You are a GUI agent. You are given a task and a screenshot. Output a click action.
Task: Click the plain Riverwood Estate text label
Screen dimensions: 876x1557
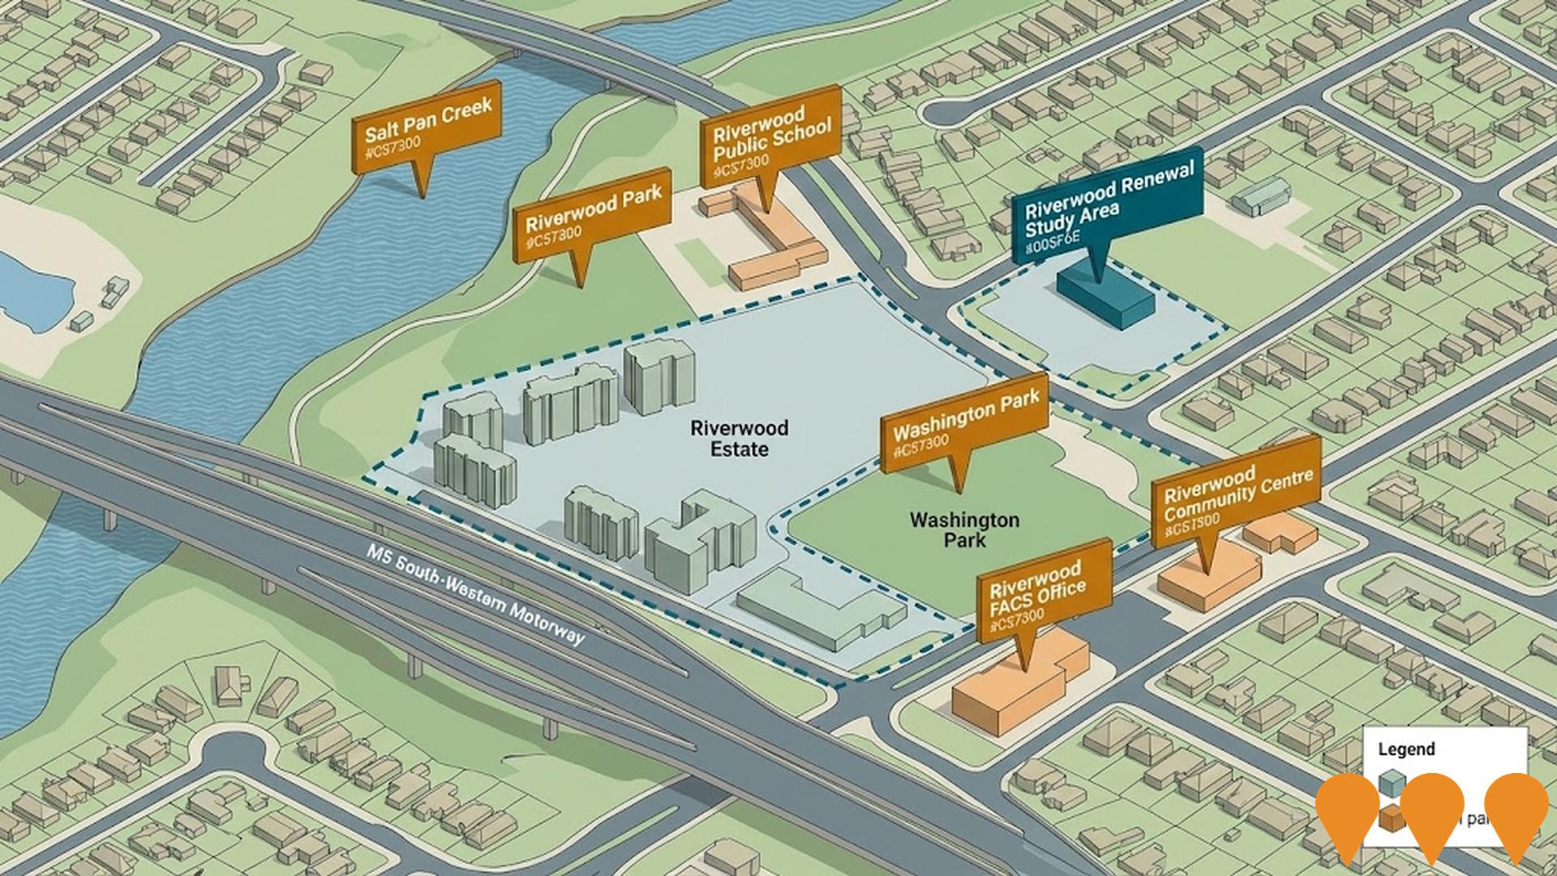click(x=728, y=438)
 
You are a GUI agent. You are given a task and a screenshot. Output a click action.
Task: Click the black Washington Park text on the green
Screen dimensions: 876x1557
click(x=964, y=529)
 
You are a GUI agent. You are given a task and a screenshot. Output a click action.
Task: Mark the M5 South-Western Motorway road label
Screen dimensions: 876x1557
click(x=474, y=595)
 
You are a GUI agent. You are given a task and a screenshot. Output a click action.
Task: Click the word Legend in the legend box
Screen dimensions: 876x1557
click(x=1406, y=749)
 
